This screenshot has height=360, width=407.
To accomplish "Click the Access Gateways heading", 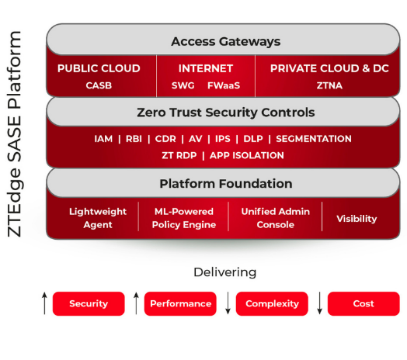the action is click(225, 42).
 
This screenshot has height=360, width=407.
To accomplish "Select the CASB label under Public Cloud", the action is click(99, 85).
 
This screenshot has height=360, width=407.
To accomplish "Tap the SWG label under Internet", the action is click(183, 85).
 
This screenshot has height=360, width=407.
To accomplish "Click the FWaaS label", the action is click(224, 85).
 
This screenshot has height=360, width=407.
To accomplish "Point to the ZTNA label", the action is click(329, 85).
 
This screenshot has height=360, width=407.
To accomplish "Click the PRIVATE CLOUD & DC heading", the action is click(329, 68).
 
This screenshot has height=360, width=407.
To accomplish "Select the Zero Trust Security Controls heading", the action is click(225, 112).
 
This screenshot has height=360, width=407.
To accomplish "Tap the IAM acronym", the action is click(103, 139).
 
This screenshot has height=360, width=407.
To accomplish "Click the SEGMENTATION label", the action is click(314, 139).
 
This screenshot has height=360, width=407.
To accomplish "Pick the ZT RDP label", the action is click(179, 155).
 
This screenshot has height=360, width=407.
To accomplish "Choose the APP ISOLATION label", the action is click(246, 155).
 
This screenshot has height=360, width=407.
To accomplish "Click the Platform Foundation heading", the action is click(225, 184).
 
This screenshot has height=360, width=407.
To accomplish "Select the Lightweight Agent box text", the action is click(98, 218).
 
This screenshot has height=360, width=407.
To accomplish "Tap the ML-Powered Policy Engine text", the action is click(184, 218).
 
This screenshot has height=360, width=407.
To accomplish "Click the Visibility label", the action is click(357, 219).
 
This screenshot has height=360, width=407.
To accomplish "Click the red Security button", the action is click(89, 303).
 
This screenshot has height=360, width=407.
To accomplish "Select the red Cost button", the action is click(364, 303).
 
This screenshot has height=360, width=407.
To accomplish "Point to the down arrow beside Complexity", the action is click(228, 303).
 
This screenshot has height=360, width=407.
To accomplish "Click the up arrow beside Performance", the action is click(136, 303).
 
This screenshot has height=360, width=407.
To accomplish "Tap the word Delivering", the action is click(225, 272).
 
